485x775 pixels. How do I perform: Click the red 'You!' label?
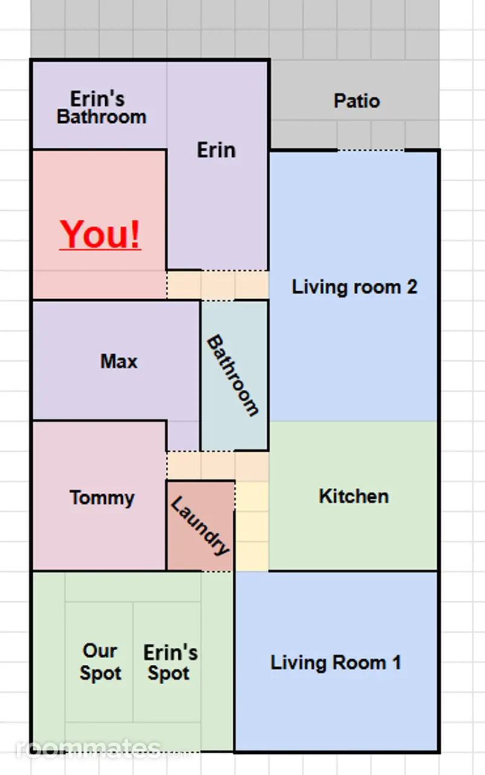100,234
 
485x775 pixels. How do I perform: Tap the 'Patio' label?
357,101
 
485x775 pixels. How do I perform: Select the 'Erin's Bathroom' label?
101,108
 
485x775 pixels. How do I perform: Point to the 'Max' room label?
119,361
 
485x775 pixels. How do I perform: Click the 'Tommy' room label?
102,498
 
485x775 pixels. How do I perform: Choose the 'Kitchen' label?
354,496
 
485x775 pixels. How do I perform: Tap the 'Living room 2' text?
354,287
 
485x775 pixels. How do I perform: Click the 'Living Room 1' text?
336,663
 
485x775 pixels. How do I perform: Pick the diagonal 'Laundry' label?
200,526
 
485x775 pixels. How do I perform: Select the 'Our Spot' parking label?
100,662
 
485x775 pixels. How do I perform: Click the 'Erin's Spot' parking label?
171,662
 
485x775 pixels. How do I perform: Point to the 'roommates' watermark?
88,748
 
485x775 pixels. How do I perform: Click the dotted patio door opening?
371,150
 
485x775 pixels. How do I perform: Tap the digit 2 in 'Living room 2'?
412,287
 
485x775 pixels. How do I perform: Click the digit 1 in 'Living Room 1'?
397,662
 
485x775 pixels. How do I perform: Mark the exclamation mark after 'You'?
135,234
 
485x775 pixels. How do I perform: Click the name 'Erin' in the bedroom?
216,150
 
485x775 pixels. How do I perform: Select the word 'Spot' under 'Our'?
100,673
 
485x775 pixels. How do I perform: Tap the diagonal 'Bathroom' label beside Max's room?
232,375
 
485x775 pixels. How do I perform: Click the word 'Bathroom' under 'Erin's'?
102,117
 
